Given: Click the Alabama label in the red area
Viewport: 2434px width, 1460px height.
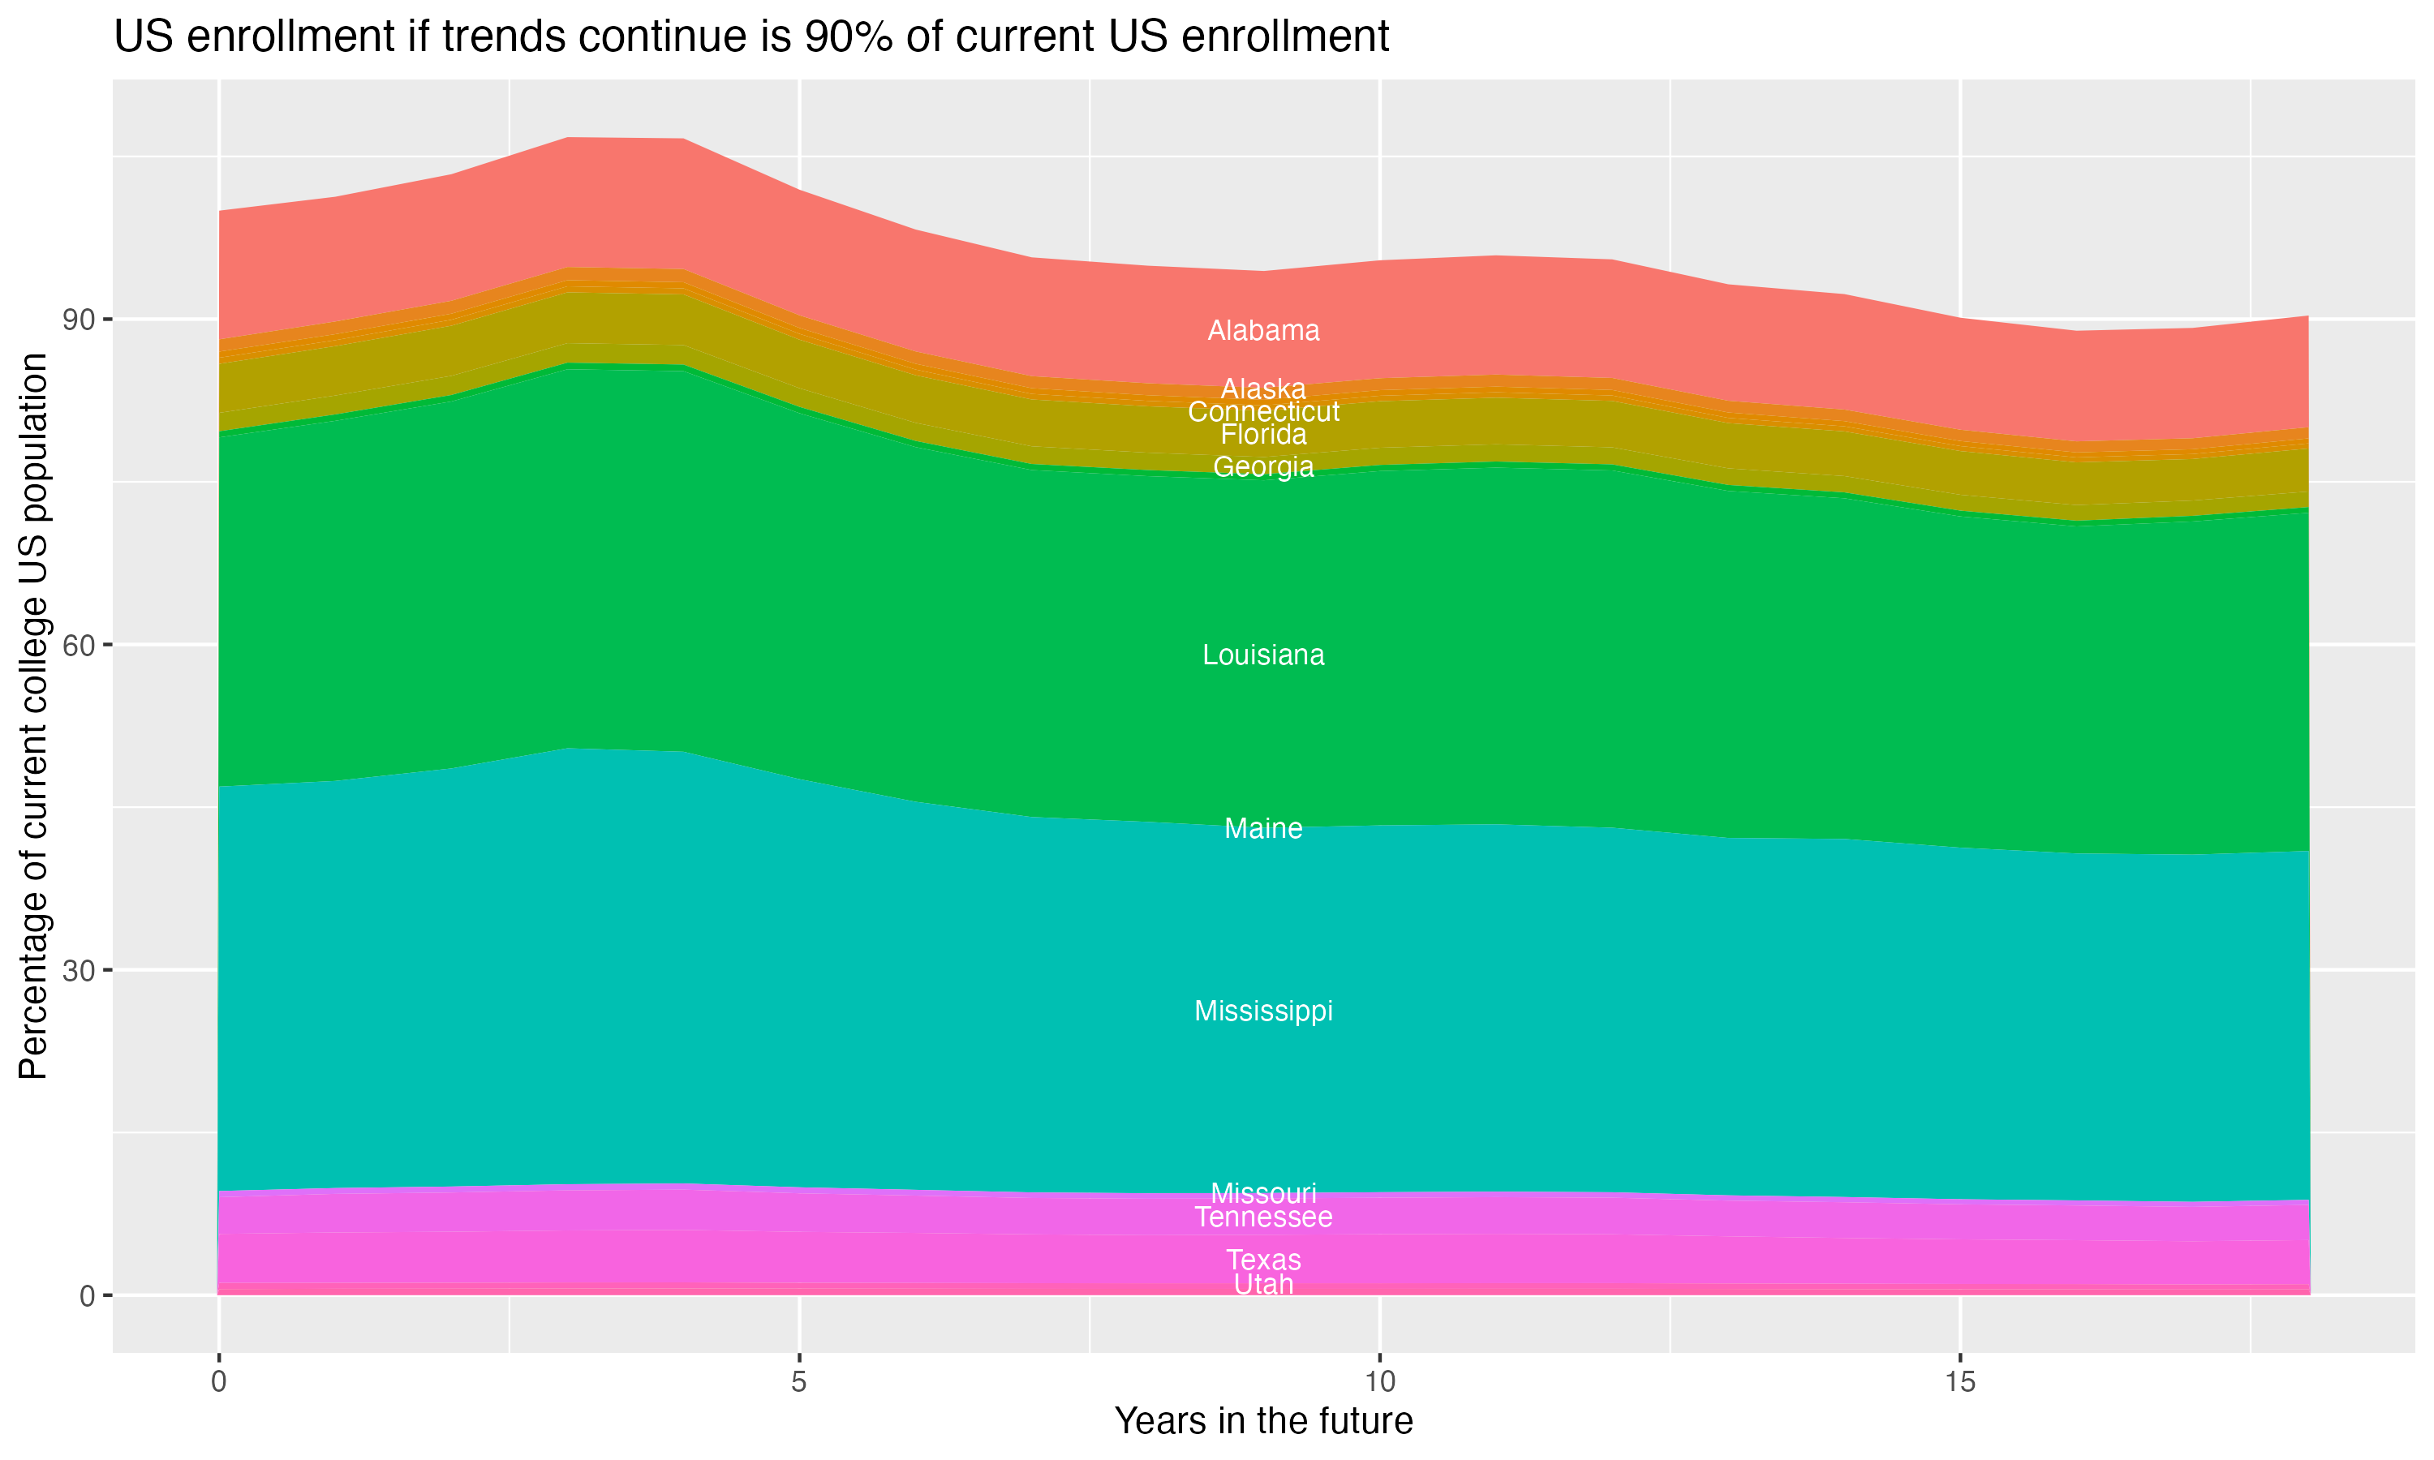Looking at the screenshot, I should [x=1263, y=331].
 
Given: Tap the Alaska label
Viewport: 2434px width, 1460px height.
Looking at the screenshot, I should [x=1263, y=389].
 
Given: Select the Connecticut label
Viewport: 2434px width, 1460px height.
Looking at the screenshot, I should [x=1263, y=412].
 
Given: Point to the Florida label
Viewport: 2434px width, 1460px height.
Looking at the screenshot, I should [x=1263, y=435].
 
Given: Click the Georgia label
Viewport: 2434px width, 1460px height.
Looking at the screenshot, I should [x=1263, y=467].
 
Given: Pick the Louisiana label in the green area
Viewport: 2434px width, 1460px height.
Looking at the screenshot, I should [x=1263, y=655].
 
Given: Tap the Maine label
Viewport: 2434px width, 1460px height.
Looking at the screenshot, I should [x=1263, y=828].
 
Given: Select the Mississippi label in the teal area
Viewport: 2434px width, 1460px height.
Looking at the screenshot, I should [x=1263, y=1011].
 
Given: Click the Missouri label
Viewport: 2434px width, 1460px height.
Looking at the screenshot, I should [x=1263, y=1193].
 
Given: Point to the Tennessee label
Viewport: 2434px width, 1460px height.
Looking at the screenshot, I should [x=1263, y=1218].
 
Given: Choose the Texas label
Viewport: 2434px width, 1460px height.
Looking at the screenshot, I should [x=1263, y=1260].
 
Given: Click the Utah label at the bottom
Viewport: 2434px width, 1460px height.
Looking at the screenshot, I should [x=1263, y=1285].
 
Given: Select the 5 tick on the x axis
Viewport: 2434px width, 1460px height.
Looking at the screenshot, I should [x=799, y=1382].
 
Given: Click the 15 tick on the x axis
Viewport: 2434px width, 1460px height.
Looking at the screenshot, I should [x=1960, y=1382].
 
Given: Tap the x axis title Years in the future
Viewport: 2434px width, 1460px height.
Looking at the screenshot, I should [x=1263, y=1422].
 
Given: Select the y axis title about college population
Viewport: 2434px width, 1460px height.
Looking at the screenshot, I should [x=33, y=715].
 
